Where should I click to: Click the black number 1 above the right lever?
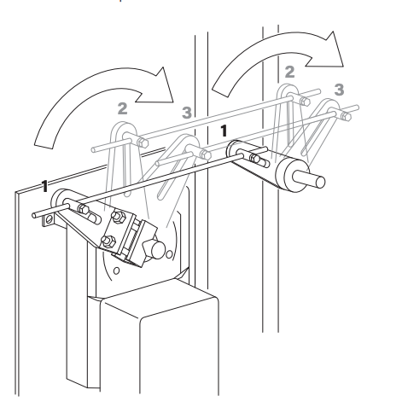(x=224, y=132)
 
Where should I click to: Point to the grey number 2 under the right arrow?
(x=289, y=72)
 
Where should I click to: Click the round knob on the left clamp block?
(x=154, y=249)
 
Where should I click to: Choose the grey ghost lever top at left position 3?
(x=189, y=146)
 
